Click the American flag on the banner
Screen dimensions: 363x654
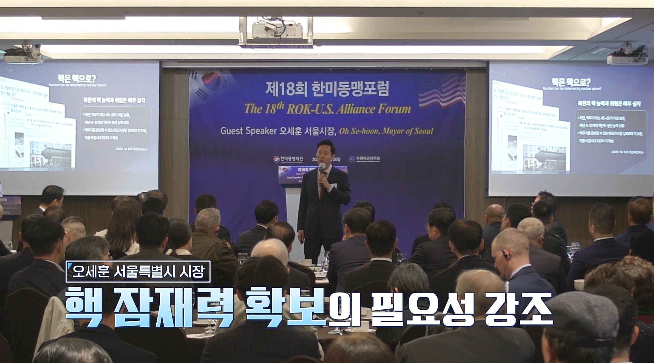442,92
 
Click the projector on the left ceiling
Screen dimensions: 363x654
23,54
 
